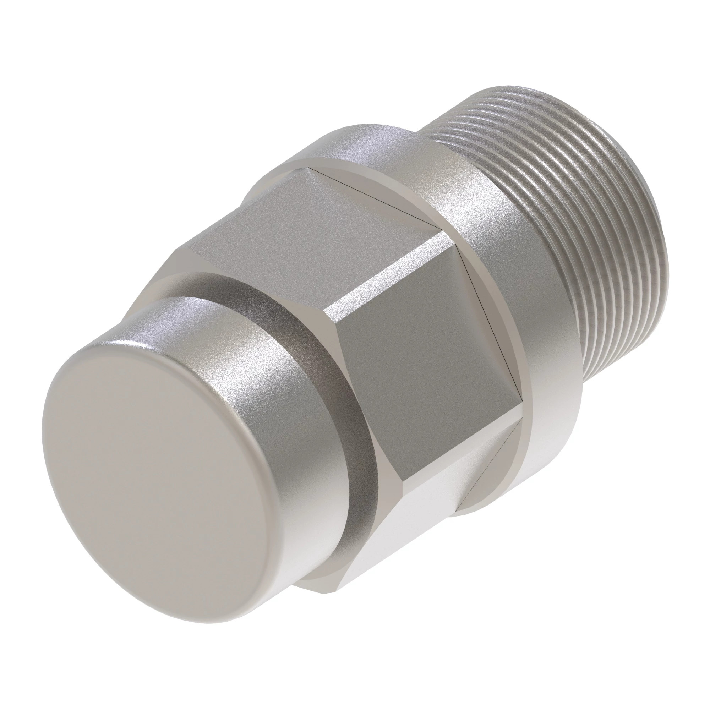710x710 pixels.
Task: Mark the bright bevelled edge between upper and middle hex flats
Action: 382,272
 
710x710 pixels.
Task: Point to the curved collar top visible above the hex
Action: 367,147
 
